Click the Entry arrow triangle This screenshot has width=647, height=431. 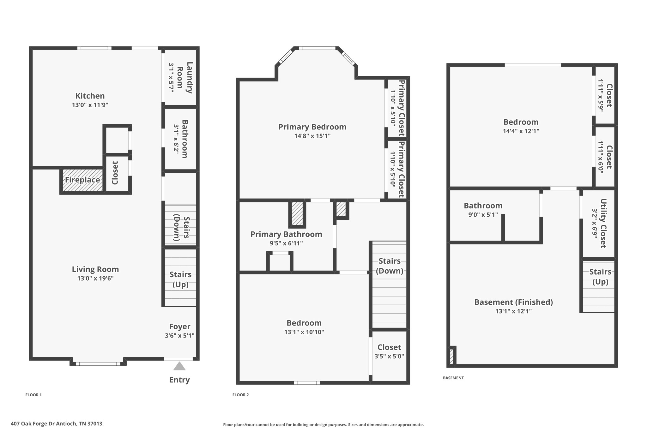[x=179, y=366]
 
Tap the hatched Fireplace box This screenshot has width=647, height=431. [x=82, y=180]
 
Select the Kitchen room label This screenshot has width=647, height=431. [x=90, y=96]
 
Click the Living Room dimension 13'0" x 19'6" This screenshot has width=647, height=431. [x=95, y=278]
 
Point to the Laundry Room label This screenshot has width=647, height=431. [x=185, y=78]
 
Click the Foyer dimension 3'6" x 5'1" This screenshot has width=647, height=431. [x=179, y=336]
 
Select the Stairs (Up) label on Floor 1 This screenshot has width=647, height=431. [x=180, y=279]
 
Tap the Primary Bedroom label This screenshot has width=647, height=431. [x=312, y=127]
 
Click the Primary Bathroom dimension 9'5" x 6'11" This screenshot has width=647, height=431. [x=286, y=243]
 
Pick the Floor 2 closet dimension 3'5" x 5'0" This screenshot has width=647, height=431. [x=389, y=356]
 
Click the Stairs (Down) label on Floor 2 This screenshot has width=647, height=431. [x=390, y=266]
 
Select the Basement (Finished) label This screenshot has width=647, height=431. [x=513, y=302]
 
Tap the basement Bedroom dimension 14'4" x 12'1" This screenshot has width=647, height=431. [x=521, y=131]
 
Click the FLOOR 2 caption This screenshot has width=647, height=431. [x=240, y=395]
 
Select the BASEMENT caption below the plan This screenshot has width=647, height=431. [x=453, y=378]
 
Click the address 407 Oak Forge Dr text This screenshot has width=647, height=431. [x=57, y=424]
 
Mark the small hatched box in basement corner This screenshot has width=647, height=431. [x=451, y=356]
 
